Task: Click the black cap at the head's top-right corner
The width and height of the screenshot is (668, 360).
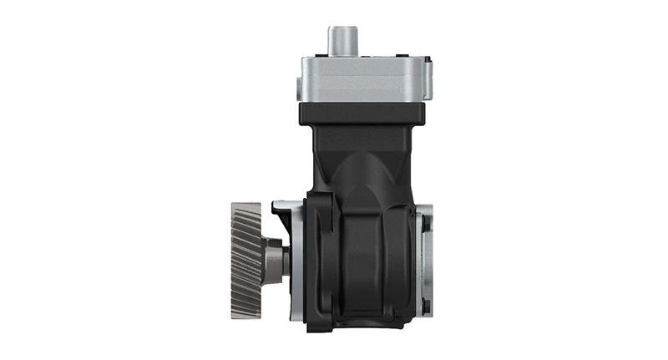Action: point(426,59)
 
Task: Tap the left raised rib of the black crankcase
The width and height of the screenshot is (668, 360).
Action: point(321,259)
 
